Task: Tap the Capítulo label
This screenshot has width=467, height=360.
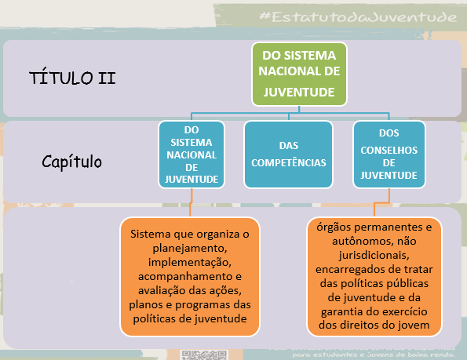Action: click(x=71, y=162)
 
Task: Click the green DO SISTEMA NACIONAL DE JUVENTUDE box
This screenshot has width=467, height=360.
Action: click(x=298, y=74)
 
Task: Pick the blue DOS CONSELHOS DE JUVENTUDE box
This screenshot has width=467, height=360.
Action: click(x=389, y=154)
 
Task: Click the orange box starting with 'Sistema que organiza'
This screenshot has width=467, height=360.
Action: click(x=189, y=276)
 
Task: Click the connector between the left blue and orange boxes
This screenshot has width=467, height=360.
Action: click(x=189, y=202)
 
